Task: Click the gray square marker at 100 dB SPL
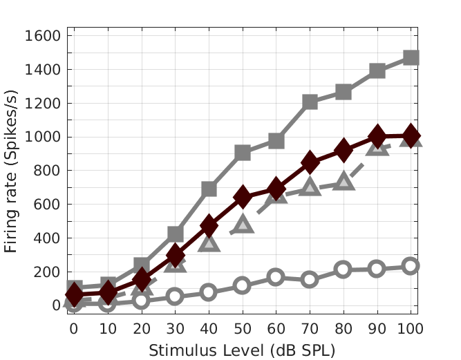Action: pos(411,57)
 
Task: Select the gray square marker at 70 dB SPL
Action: pos(310,102)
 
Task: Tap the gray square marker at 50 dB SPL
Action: pos(243,153)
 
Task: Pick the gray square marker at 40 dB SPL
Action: pos(209,189)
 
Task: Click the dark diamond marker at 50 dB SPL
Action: pos(243,197)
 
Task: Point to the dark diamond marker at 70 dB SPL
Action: pos(310,163)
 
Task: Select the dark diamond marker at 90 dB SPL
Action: pos(377,136)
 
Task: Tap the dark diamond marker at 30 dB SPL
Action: pos(176,256)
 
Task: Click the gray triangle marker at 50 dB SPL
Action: pos(243,224)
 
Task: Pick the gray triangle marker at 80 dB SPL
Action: pos(344,182)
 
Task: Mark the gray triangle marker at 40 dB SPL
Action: pos(209,242)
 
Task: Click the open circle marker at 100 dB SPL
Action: pos(411,266)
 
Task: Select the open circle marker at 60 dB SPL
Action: pos(276,277)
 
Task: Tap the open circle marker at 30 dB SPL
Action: pos(176,296)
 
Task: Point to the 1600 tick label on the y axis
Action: pos(44,36)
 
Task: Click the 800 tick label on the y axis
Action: pos(49,171)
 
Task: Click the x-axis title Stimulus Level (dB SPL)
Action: pos(242,350)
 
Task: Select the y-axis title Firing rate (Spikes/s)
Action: pos(12,171)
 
